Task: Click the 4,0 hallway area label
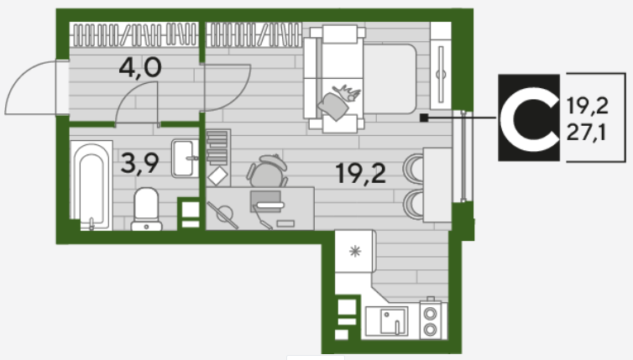(140, 68)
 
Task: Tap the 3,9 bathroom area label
(139, 164)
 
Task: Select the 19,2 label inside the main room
(360, 174)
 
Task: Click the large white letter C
(528, 118)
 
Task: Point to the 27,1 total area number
(586, 132)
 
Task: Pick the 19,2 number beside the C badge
(587, 106)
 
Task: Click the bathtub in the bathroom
(92, 185)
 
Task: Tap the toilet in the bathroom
(146, 209)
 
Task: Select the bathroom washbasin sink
(185, 159)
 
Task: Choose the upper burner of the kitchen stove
(430, 314)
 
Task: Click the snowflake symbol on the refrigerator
(355, 252)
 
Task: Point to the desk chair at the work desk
(267, 171)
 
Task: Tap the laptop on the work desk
(266, 201)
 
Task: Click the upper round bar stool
(413, 168)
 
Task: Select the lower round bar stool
(413, 205)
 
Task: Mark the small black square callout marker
(424, 117)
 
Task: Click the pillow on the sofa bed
(333, 106)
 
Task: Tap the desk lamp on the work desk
(222, 215)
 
